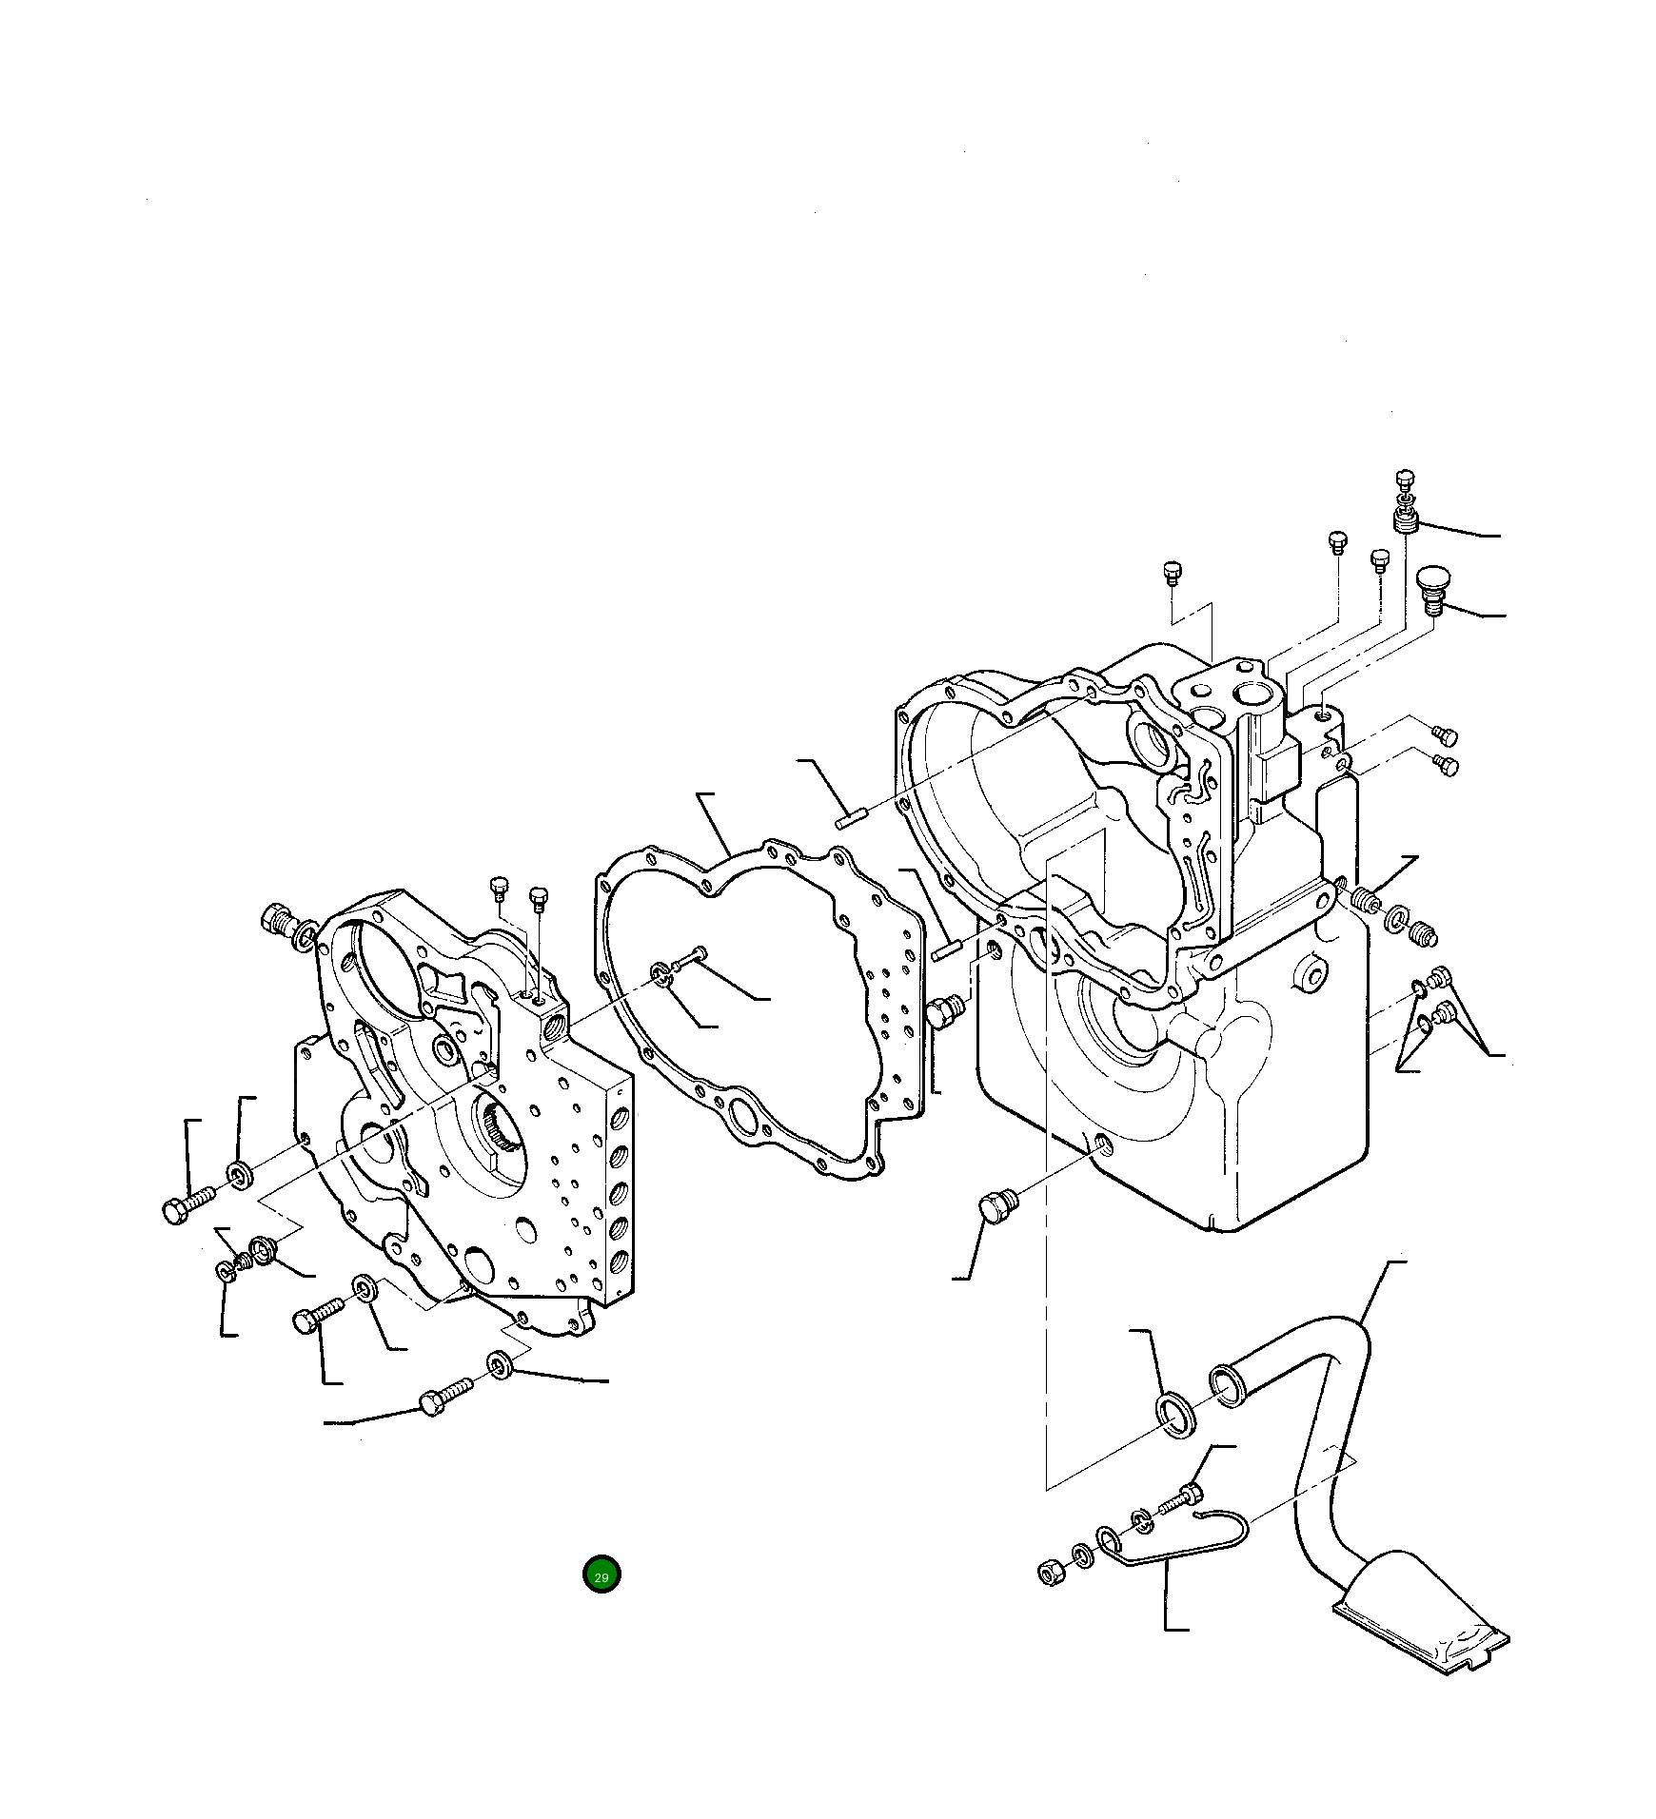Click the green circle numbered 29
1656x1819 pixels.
(x=601, y=1575)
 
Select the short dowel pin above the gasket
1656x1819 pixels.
(x=848, y=817)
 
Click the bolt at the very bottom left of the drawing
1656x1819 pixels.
(x=444, y=1399)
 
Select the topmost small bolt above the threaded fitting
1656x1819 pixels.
(x=1405, y=479)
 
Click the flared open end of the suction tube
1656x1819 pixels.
(x=1227, y=1386)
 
